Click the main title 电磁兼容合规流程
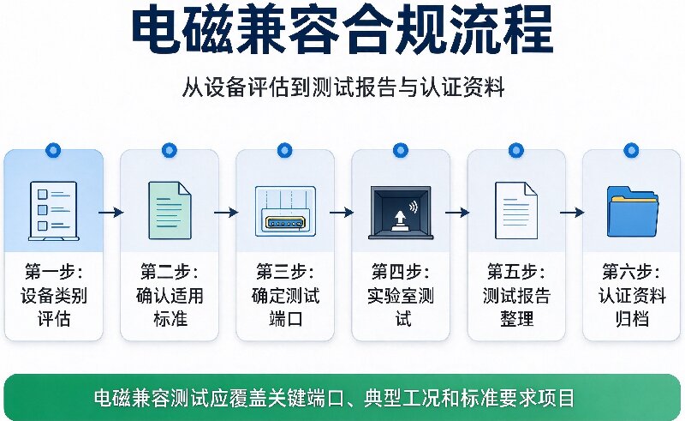coord(342,31)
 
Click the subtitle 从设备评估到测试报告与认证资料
coord(343,87)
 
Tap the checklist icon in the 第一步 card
coord(54,211)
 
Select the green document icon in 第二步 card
coord(170,211)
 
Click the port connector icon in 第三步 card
coord(285,211)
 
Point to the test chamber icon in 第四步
coord(401,213)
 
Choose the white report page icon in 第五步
coord(516,211)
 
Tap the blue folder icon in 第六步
coord(632,212)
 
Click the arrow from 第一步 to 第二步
coord(111,213)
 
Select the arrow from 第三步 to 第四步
coord(342,213)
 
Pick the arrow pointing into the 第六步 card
coord(572,213)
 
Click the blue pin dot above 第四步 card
coord(400,151)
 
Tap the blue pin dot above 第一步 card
coord(53,151)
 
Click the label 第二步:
coord(170,272)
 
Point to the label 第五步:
coord(516,272)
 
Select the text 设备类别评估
coord(54,307)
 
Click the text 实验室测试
coord(401,307)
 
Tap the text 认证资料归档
coord(632,307)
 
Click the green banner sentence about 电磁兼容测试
coord(334,398)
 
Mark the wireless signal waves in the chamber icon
coord(413,207)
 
